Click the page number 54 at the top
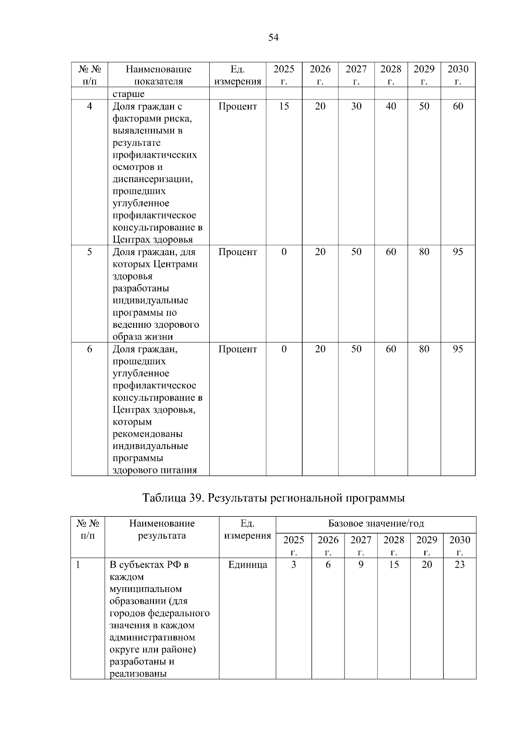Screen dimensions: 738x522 pyautogui.click(x=273, y=38)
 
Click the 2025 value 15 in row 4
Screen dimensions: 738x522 pyautogui.click(x=284, y=106)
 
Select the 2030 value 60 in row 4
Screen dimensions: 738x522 pyautogui.click(x=458, y=106)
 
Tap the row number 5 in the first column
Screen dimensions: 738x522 pyautogui.click(x=89, y=252)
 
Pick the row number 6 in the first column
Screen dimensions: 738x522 pyautogui.click(x=89, y=349)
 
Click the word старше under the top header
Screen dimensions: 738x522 pyautogui.click(x=129, y=94)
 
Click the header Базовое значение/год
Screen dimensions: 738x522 pyautogui.click(x=376, y=523)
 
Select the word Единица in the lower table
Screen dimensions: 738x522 pyautogui.click(x=248, y=565)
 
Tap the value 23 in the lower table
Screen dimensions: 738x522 pyautogui.click(x=459, y=565)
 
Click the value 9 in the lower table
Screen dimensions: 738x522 pyautogui.click(x=361, y=565)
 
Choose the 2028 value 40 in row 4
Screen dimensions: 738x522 pyautogui.click(x=391, y=106)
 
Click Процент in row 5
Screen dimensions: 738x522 pyautogui.click(x=238, y=252)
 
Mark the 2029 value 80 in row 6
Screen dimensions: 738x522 pyautogui.click(x=424, y=349)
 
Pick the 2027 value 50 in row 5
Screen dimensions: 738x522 pyautogui.click(x=356, y=252)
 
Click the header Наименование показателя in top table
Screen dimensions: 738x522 pyautogui.click(x=158, y=75)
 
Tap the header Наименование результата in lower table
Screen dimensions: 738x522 pyautogui.click(x=162, y=529)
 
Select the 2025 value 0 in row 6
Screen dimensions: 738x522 pyautogui.click(x=284, y=349)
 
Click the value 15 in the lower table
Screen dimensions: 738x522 pyautogui.click(x=394, y=565)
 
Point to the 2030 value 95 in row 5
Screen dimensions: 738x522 pyautogui.click(x=458, y=252)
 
